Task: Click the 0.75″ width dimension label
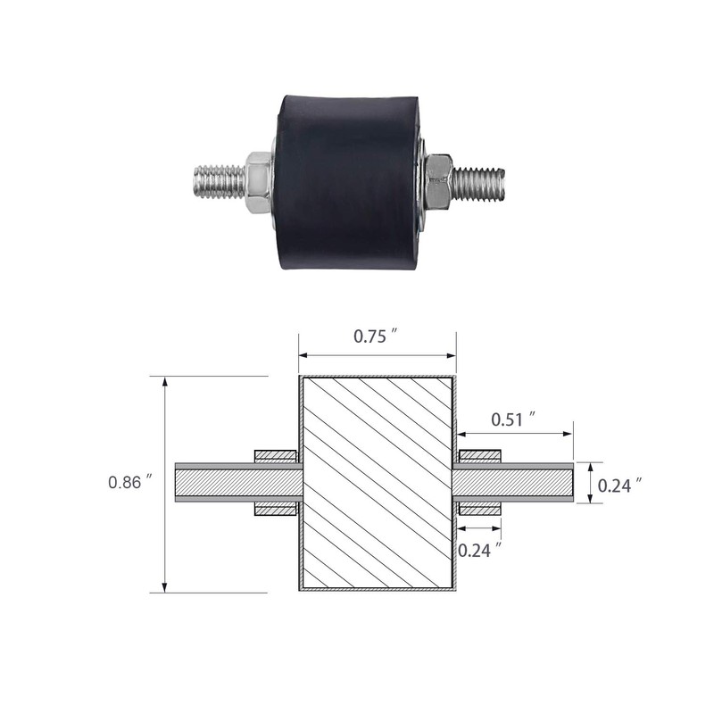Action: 375,336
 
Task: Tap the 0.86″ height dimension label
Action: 131,482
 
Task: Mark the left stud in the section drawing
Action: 237,483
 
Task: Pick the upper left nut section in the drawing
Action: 276,456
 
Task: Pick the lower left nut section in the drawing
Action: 276,510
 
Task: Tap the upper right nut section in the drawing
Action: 478,456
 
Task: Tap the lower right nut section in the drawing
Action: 478,510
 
